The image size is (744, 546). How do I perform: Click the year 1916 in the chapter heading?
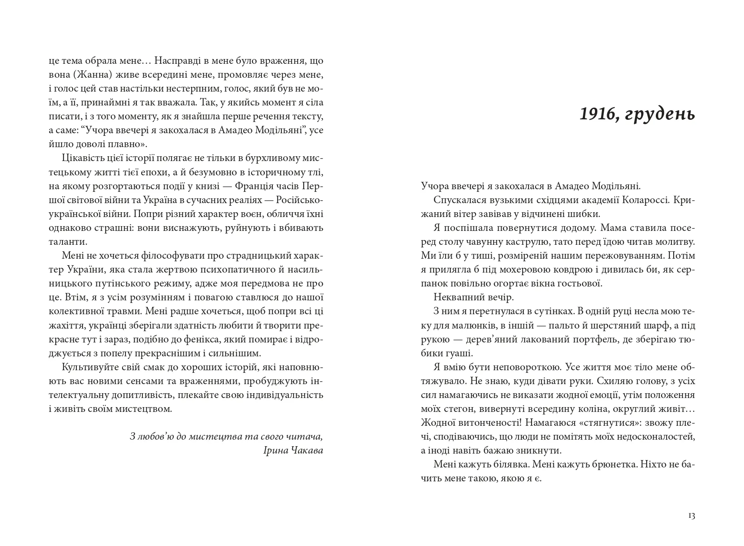(x=596, y=114)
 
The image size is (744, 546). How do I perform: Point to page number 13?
(x=691, y=516)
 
